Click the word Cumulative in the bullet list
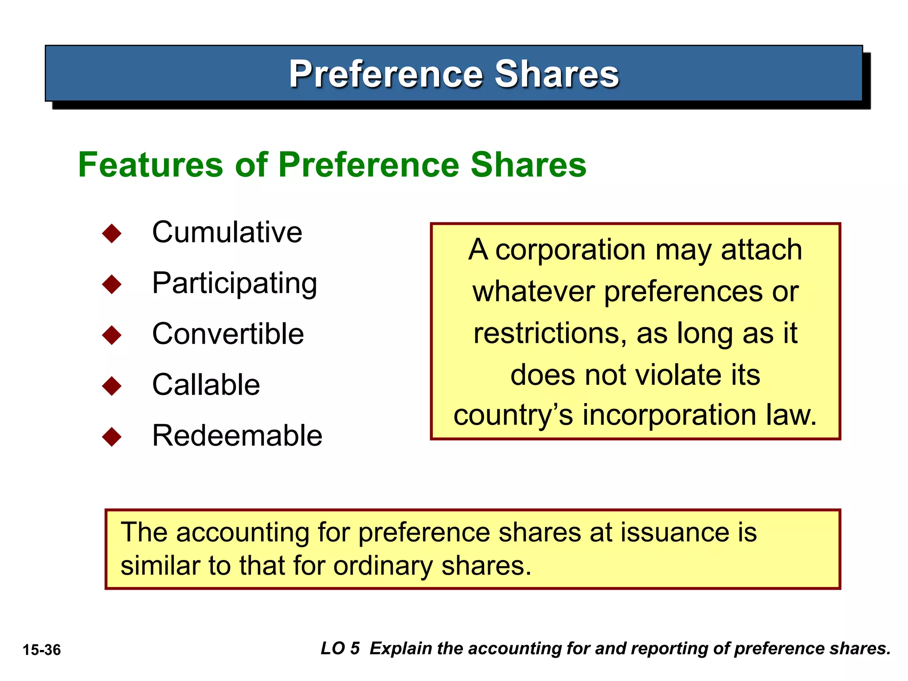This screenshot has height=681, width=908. (227, 232)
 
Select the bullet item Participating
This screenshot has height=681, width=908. (235, 284)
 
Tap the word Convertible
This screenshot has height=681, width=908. (228, 334)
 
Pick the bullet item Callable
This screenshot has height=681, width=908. (206, 384)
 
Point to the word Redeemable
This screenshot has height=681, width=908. (237, 435)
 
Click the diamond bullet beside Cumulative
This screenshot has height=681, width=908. (112, 233)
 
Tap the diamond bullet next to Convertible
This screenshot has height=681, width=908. (112, 335)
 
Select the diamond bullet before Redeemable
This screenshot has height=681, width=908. (112, 437)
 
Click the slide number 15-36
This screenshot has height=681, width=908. (42, 650)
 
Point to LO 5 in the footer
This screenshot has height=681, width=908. (340, 648)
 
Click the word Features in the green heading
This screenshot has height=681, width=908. (150, 165)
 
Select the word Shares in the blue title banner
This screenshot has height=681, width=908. (556, 74)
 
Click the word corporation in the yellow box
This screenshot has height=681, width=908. (570, 250)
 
